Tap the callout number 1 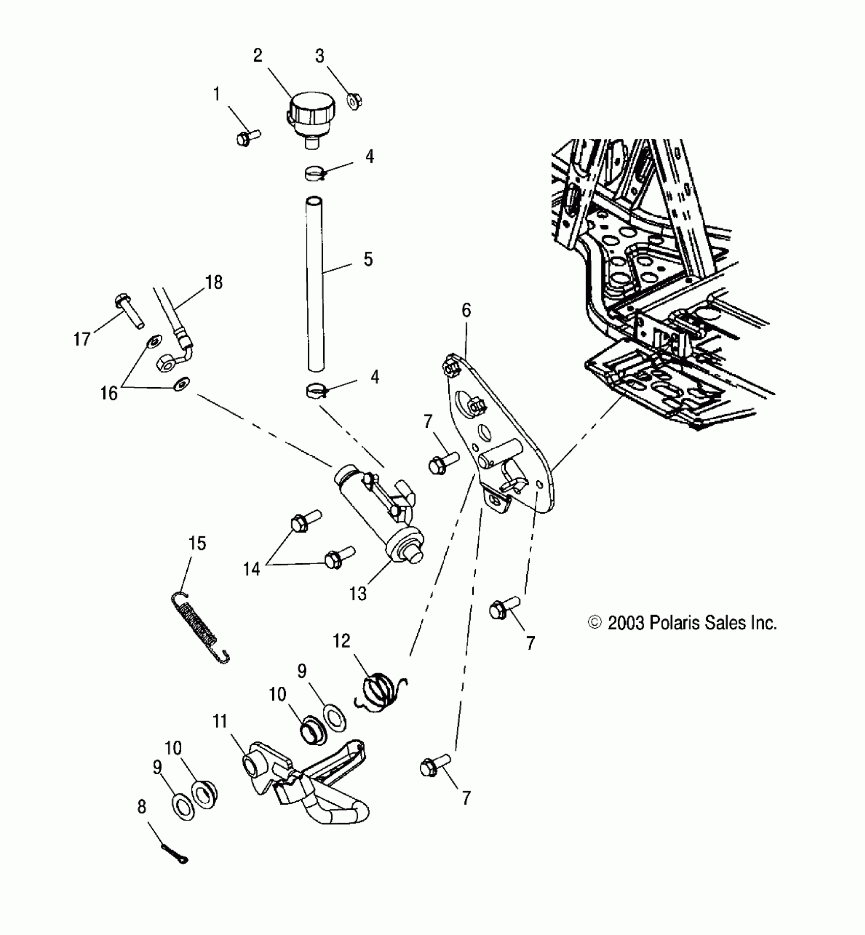click(217, 94)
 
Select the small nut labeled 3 click(354, 100)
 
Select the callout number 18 click(214, 282)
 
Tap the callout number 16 click(109, 393)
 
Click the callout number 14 click(251, 569)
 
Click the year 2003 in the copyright click(626, 623)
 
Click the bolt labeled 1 click(248, 136)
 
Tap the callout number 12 click(341, 641)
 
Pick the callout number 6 click(466, 310)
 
